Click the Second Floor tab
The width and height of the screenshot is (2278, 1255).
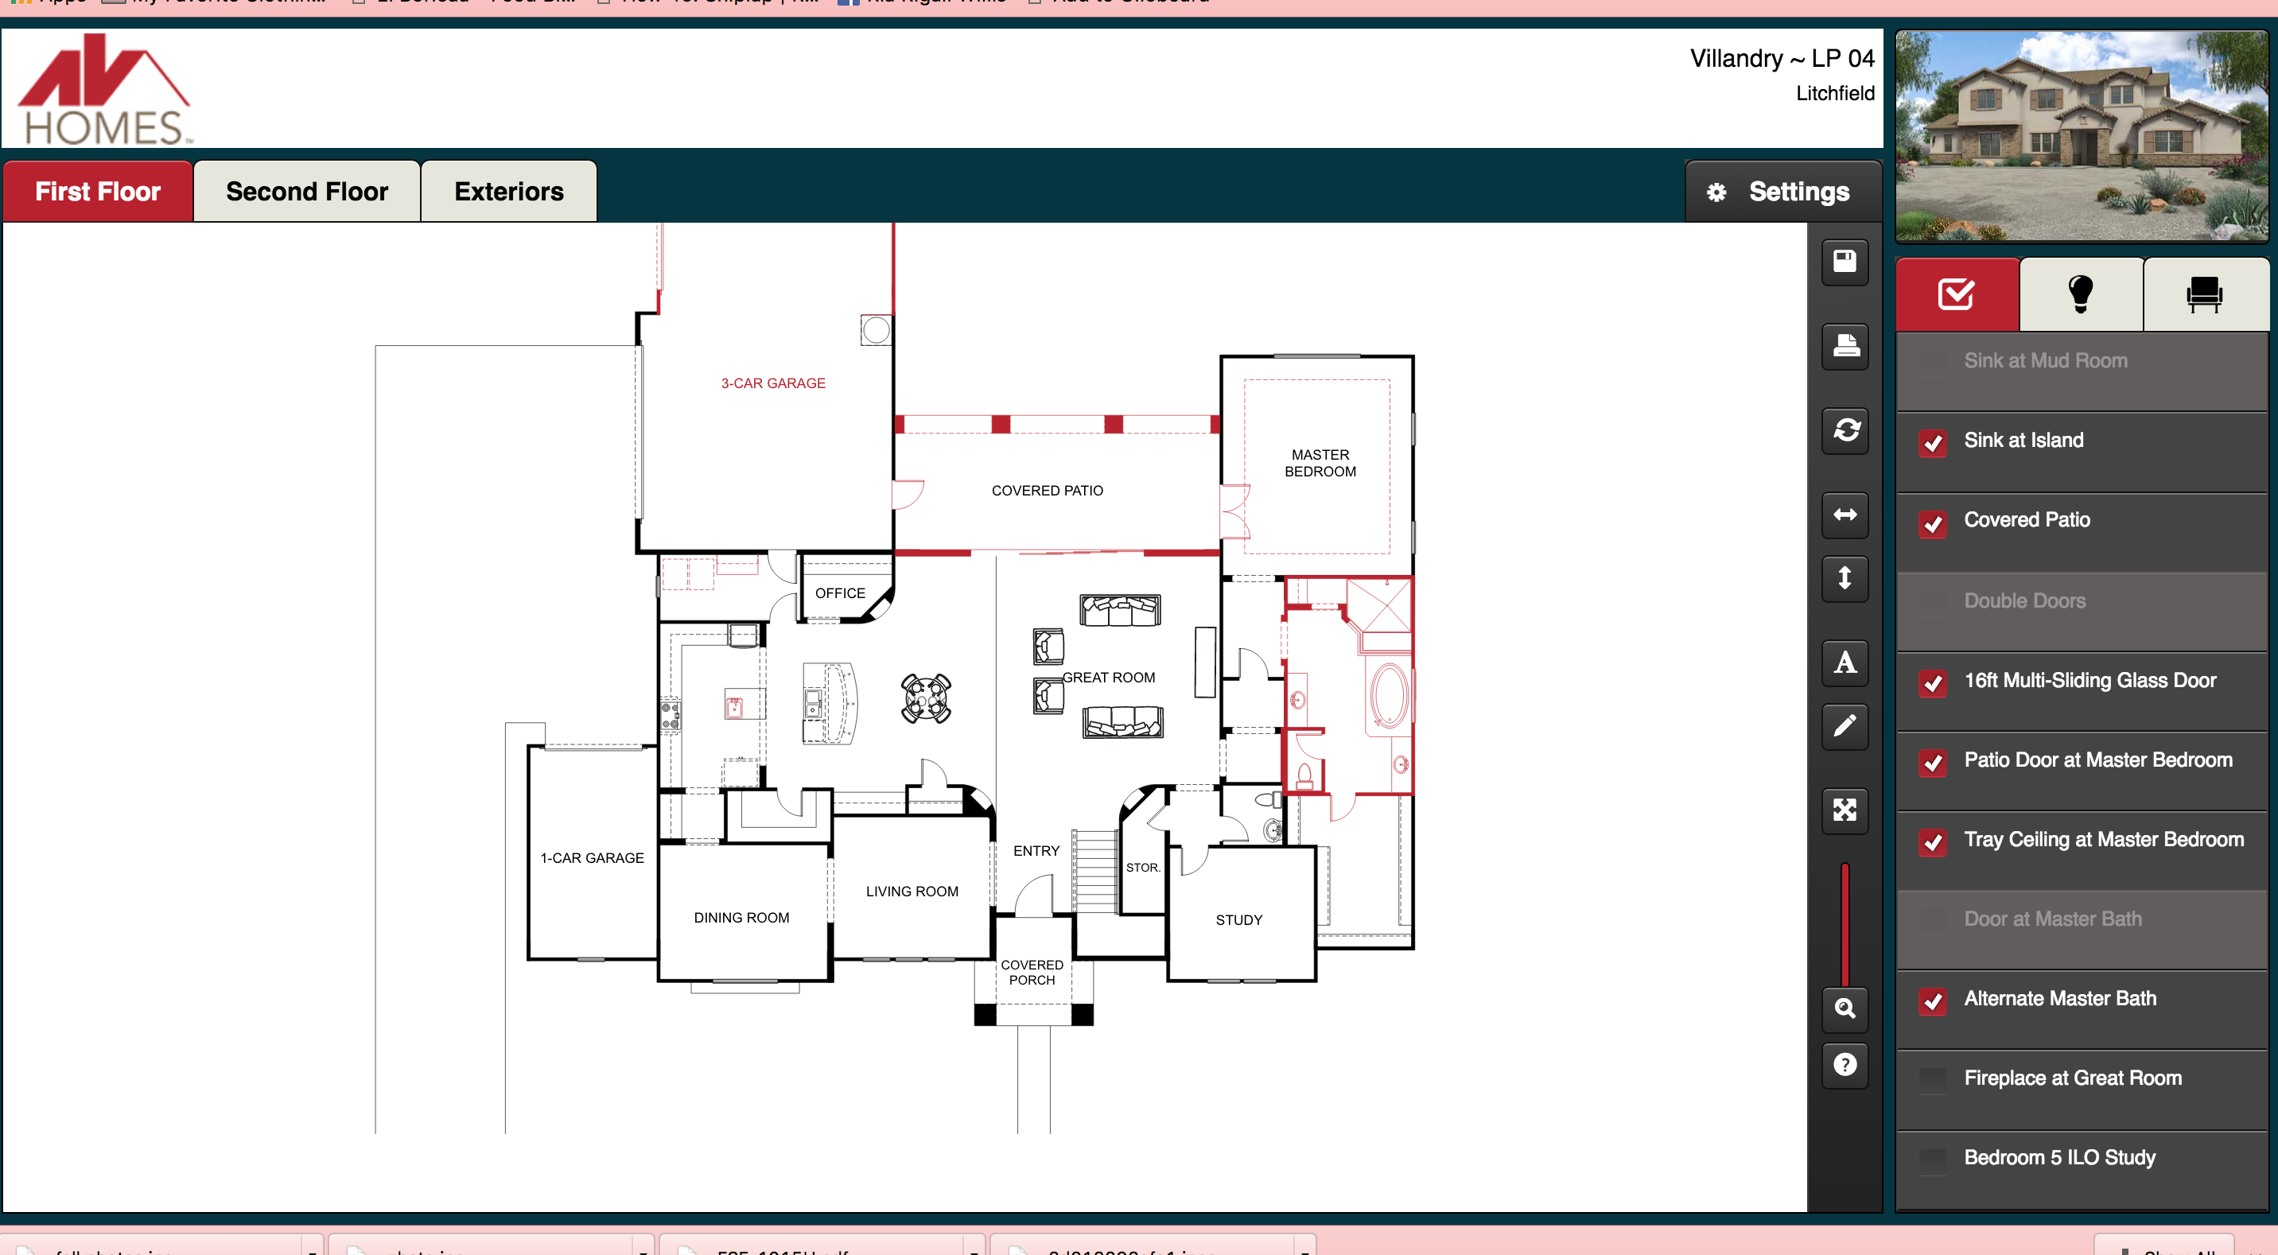point(306,192)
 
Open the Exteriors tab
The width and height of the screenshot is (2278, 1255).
point(508,192)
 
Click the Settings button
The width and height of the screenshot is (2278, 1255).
point(1782,192)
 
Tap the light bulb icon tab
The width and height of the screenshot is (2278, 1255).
point(2080,294)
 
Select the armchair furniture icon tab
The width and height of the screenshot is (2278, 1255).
point(2204,294)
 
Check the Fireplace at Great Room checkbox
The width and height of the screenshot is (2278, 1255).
point(1933,1080)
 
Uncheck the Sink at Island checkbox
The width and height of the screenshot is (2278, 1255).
point(1933,442)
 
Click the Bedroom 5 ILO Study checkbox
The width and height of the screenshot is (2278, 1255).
point(1933,1160)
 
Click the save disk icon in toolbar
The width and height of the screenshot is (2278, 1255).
point(1844,262)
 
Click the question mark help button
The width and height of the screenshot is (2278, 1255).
point(1844,1064)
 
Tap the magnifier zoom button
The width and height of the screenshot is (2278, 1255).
point(1844,1008)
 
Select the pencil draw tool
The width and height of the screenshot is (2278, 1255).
point(1844,726)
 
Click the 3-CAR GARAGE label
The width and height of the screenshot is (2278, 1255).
point(773,383)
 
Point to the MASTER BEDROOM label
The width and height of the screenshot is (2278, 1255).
point(1320,463)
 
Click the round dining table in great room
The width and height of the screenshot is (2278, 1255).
point(925,697)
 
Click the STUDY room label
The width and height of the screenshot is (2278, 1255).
point(1238,920)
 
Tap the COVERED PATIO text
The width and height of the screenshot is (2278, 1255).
point(1047,491)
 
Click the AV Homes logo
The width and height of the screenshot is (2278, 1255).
point(104,90)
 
